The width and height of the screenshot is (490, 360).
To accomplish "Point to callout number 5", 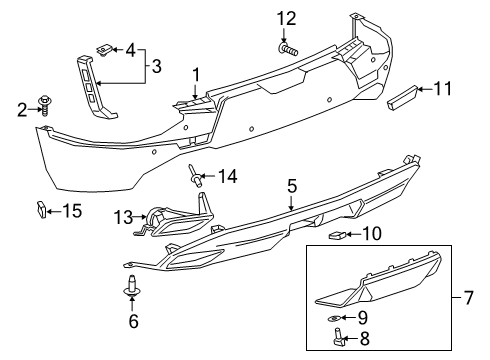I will point(291,185).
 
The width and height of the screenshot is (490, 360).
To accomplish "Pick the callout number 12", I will point(287,18).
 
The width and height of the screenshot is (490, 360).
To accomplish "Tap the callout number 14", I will point(228,177).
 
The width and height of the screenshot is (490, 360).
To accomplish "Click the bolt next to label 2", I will point(45,103).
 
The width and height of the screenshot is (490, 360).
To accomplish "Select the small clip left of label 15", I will point(41,208).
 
